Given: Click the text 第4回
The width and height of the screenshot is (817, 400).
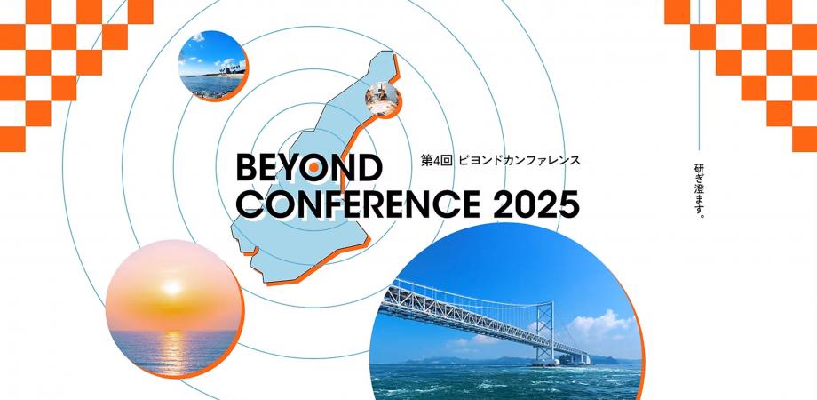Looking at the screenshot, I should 437,162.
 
